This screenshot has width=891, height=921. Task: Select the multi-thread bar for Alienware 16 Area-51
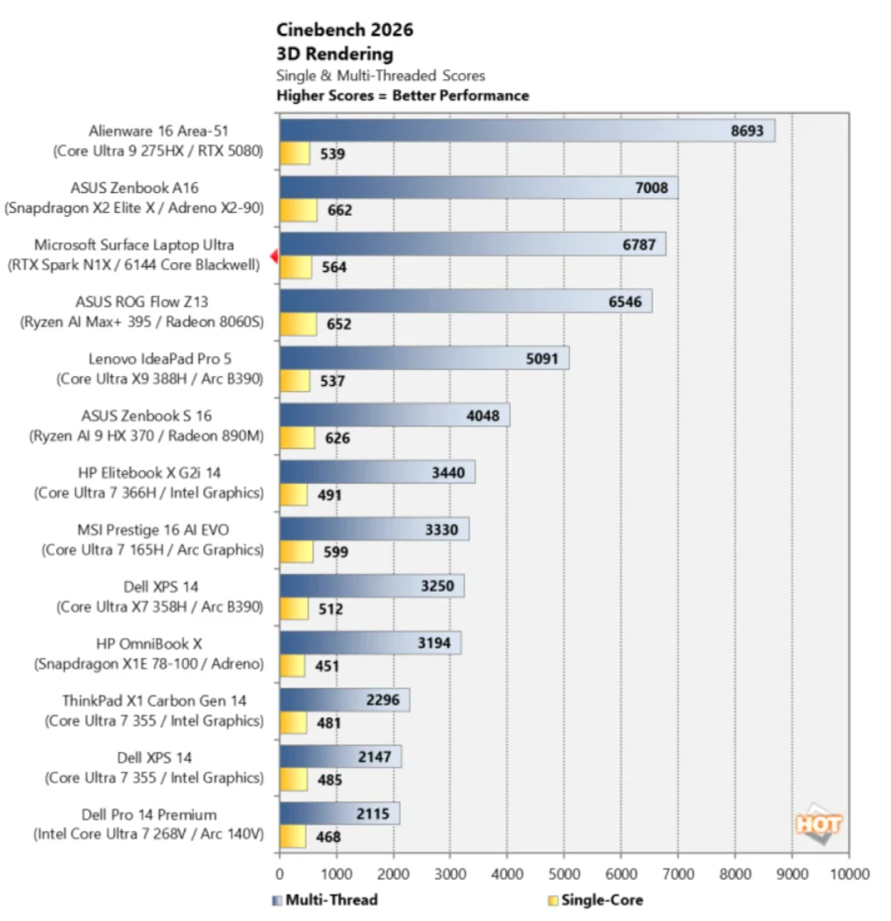coord(527,130)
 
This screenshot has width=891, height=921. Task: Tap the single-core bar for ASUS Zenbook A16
coord(299,210)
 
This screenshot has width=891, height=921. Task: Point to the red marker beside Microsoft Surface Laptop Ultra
coord(274,256)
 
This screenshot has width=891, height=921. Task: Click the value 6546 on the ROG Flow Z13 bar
coord(625,302)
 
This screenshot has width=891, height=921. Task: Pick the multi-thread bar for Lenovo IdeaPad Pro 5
coord(424,359)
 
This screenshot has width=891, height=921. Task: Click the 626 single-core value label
coord(337,438)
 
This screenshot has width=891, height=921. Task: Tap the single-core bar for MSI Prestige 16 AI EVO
coord(296,552)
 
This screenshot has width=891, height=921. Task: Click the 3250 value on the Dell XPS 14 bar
coord(437,586)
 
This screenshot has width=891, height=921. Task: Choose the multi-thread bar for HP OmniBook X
coord(370,643)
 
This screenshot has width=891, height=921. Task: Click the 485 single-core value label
coord(329,780)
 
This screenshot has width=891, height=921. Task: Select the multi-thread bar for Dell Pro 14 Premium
coord(340,814)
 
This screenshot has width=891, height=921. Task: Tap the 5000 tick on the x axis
coord(564,874)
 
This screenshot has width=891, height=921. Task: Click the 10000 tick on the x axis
coord(849,874)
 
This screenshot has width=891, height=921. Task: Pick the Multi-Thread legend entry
coord(325,900)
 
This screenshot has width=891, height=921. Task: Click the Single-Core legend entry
coord(596,900)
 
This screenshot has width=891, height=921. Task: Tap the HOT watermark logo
coord(818,824)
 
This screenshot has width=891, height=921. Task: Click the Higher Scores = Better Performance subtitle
coord(403,96)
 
